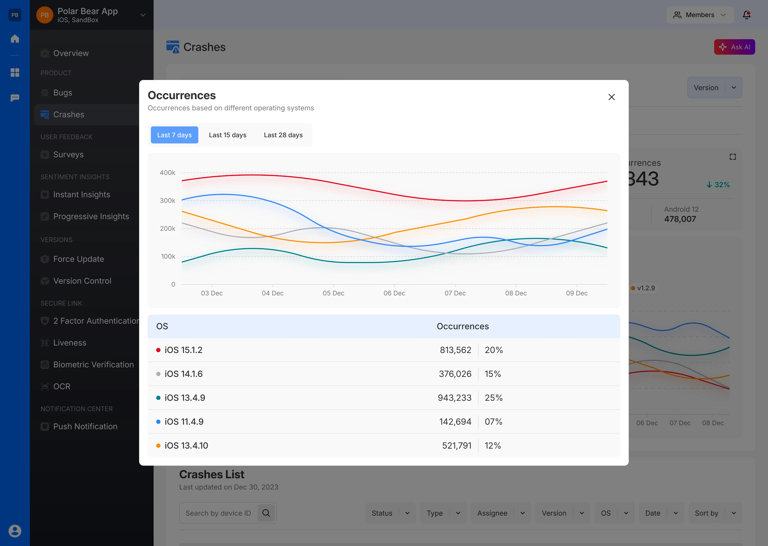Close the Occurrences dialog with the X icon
pyautogui.click(x=611, y=97)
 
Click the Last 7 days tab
pyautogui.click(x=174, y=135)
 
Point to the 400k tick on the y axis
pyautogui.click(x=167, y=173)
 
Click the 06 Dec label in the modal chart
pyautogui.click(x=394, y=293)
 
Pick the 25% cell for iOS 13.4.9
pyautogui.click(x=493, y=398)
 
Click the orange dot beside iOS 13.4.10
pyautogui.click(x=158, y=445)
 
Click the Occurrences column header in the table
pyautogui.click(x=462, y=326)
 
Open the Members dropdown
pyautogui.click(x=699, y=15)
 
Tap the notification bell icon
pyautogui.click(x=746, y=15)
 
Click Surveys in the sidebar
pyautogui.click(x=68, y=155)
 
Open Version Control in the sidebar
pyautogui.click(x=82, y=281)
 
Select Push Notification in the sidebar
pyautogui.click(x=85, y=427)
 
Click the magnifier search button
pyautogui.click(x=266, y=513)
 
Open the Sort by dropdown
pyautogui.click(x=715, y=513)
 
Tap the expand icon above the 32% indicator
pyautogui.click(x=732, y=157)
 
